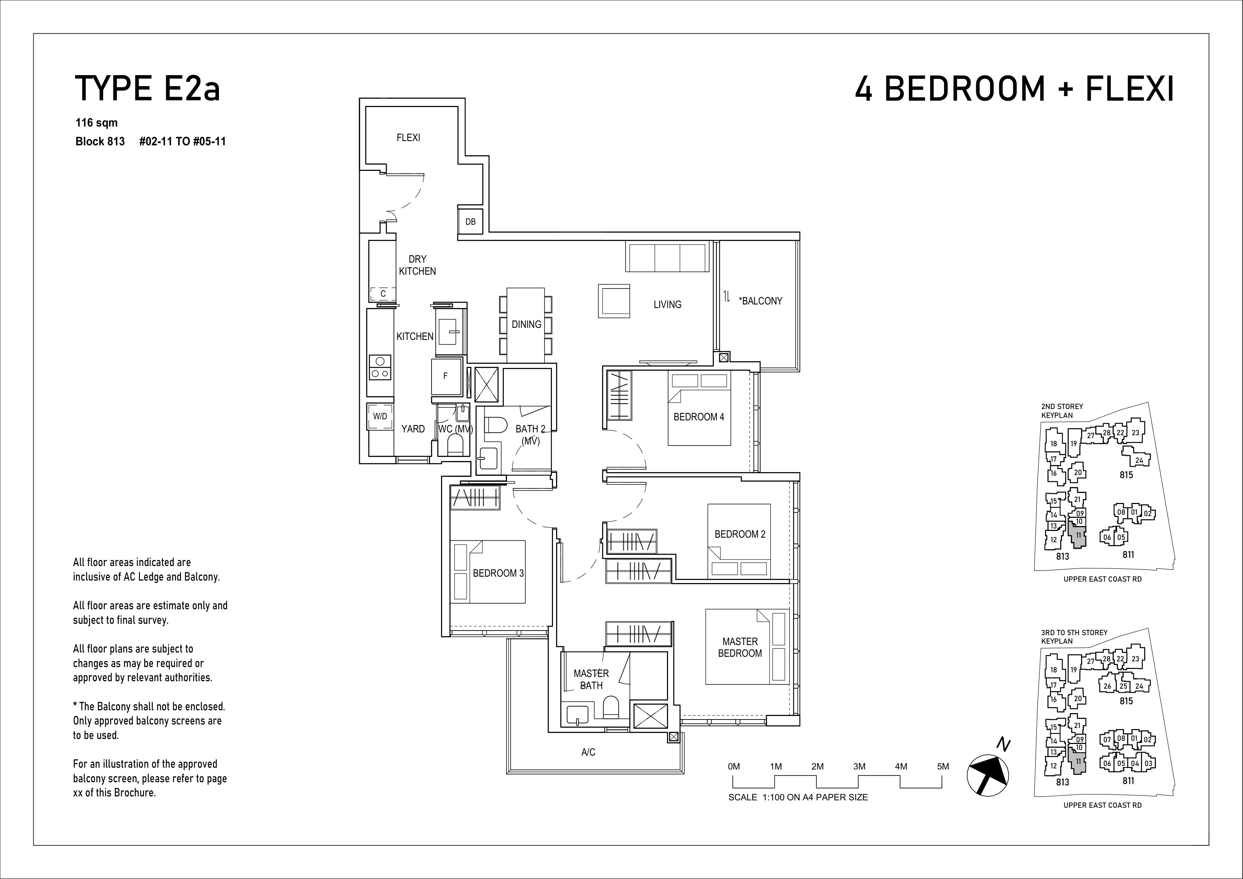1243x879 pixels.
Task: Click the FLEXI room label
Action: pos(408,138)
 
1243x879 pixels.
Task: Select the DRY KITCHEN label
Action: pos(417,265)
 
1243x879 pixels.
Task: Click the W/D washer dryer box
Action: pos(380,416)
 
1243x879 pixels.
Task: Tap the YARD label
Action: pos(413,429)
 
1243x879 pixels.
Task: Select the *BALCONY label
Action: pos(761,301)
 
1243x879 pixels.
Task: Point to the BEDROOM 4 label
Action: pos(699,417)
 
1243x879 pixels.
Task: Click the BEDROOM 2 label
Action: pos(740,534)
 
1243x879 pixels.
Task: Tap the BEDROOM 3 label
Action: pos(498,573)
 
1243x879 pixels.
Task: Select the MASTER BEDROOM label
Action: pos(740,647)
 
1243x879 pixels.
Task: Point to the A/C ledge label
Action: pos(588,752)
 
